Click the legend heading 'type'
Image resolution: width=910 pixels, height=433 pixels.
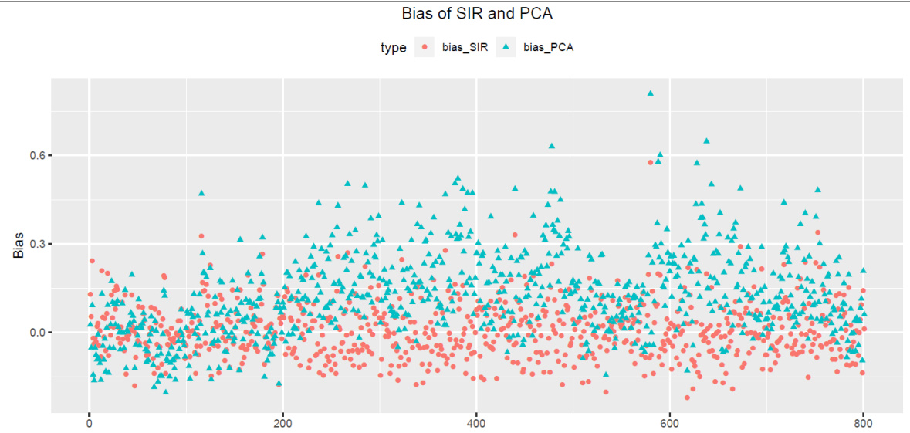(394, 48)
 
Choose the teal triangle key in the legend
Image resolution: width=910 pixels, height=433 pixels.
(506, 48)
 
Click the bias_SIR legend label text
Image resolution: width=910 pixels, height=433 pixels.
(465, 48)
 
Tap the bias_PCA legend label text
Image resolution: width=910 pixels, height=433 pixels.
(548, 48)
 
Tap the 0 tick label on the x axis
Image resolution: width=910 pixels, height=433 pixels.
(90, 423)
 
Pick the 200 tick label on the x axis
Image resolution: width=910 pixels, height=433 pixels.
(283, 423)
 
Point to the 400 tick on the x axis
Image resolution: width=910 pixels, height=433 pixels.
(477, 423)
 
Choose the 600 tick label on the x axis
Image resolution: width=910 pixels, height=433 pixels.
(670, 423)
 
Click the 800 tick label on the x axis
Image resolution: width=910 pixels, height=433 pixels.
(864, 423)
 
